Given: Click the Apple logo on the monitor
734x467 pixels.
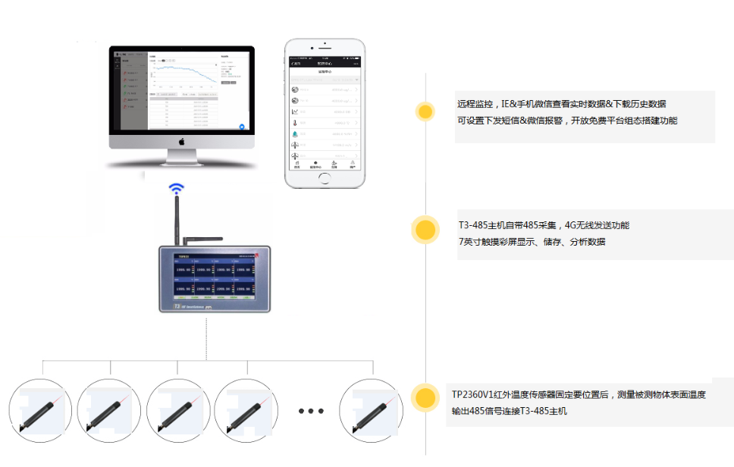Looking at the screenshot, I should pos(181,141).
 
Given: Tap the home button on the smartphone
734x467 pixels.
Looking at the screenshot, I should pos(324,177).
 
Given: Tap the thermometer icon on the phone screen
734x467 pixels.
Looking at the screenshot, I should pos(295,122).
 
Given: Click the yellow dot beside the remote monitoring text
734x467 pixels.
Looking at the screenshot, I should pos(425,112).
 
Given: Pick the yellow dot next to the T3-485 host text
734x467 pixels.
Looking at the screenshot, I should pos(425,230).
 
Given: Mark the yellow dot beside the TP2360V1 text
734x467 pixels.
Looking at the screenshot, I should pos(425,397).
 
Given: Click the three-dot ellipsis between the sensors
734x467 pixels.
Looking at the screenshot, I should pos(311,411).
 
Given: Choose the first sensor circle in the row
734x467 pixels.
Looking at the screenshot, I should pos(40,411).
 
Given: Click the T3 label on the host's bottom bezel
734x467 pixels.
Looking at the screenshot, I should pos(176,306).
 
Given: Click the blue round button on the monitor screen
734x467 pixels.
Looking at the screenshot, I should pos(242,127).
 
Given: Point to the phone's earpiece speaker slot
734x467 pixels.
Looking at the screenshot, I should pos(324,46).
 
